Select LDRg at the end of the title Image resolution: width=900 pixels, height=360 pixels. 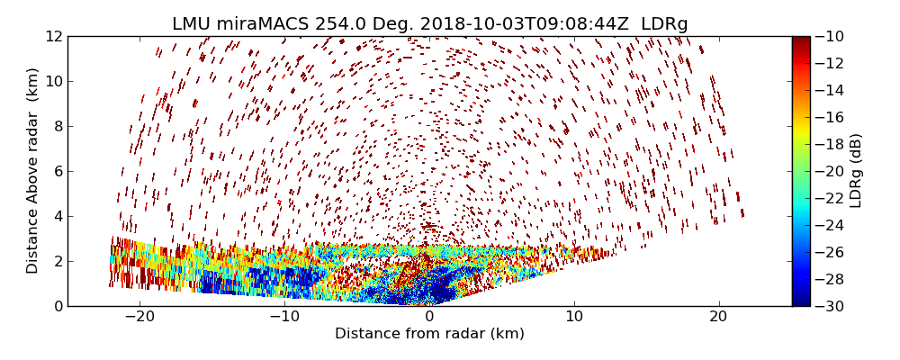(664, 24)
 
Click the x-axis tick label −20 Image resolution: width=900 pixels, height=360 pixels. (139, 317)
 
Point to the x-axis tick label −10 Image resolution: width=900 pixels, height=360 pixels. (284, 317)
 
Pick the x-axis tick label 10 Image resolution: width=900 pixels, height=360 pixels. (574, 317)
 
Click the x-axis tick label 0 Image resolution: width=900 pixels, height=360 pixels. (429, 317)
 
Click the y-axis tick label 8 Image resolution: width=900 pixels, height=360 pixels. (58, 126)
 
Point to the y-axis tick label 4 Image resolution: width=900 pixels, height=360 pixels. (58, 216)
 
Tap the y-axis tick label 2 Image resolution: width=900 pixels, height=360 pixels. (58, 261)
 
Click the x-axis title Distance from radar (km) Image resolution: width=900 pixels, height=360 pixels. (429, 334)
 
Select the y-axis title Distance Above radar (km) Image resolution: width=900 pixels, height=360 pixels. (33, 171)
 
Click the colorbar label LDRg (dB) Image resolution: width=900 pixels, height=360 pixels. (856, 171)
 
